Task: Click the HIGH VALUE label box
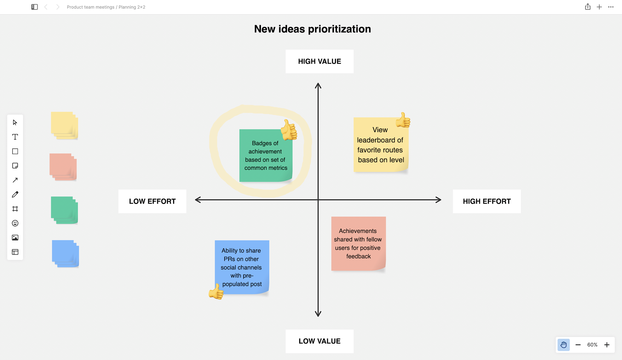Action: click(x=319, y=62)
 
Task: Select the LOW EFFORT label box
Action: click(x=152, y=201)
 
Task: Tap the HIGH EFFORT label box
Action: click(x=486, y=201)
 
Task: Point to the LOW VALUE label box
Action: click(x=319, y=341)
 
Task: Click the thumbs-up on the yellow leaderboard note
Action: click(x=403, y=120)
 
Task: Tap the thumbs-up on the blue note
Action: click(x=216, y=292)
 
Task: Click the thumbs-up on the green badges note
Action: click(x=289, y=130)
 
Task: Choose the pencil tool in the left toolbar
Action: click(x=15, y=195)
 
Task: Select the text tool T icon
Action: click(x=15, y=137)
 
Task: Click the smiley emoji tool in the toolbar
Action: click(x=15, y=223)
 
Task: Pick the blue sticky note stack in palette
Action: click(x=65, y=253)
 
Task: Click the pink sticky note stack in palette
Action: click(x=63, y=167)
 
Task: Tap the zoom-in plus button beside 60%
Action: click(x=606, y=345)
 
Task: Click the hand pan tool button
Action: click(x=563, y=345)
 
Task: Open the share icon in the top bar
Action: click(x=587, y=7)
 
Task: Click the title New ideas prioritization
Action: click(x=312, y=29)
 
